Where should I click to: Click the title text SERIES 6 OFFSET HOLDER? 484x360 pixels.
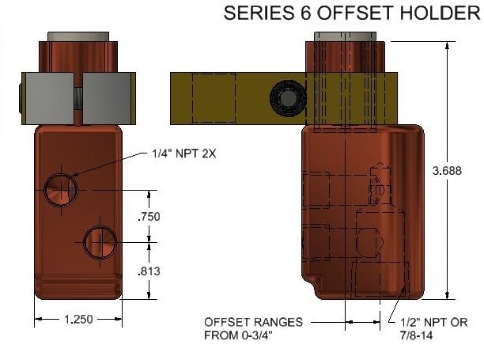tap(353, 13)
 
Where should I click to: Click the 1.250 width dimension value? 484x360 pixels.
tap(78, 320)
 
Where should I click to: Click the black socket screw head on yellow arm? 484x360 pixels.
tap(284, 98)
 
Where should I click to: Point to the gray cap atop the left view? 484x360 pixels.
tap(78, 37)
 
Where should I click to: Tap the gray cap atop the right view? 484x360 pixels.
tap(349, 37)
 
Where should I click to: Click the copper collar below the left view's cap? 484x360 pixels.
tap(78, 57)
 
